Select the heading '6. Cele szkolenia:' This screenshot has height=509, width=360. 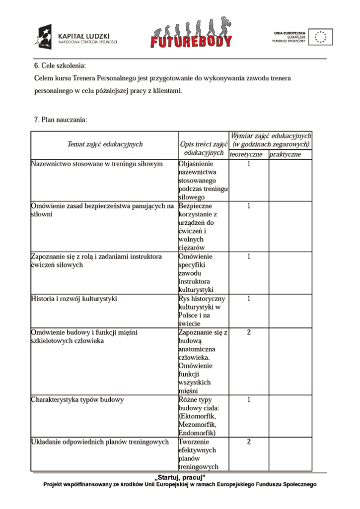pyautogui.click(x=60, y=65)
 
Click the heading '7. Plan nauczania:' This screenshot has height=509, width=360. pyautogui.click(x=61, y=120)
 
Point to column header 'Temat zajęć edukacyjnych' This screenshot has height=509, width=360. pyautogui.click(x=105, y=144)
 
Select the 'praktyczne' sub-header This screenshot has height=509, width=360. pyautogui.click(x=285, y=155)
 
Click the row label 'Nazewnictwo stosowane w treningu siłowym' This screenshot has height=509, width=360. pyautogui.click(x=97, y=164)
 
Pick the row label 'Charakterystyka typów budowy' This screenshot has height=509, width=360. pyautogui.click(x=77, y=399)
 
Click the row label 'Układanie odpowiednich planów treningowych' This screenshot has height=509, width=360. pyautogui.click(x=100, y=442)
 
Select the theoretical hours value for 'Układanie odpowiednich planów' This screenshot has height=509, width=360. pyautogui.click(x=249, y=442)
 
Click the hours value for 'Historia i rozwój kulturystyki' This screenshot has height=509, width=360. pyautogui.click(x=249, y=299)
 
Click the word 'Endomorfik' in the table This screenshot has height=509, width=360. pyautogui.click(x=197, y=433)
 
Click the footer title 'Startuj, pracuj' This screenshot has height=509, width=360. pyautogui.click(x=180, y=477)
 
